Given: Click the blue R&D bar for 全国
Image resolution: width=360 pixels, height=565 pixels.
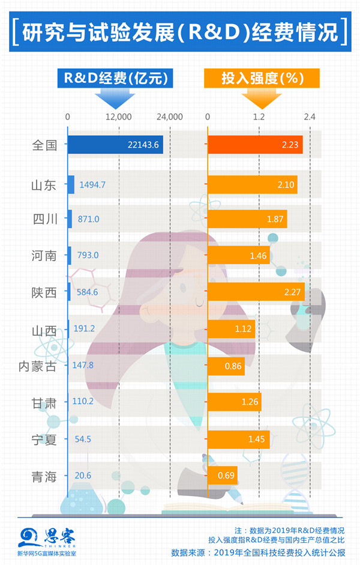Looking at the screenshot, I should [x=114, y=145].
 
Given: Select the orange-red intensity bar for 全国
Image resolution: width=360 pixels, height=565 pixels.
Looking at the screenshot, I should [x=254, y=145].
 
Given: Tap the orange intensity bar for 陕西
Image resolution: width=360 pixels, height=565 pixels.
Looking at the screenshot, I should [x=256, y=292].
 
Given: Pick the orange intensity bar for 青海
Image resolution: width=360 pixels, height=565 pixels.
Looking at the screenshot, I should [x=222, y=476].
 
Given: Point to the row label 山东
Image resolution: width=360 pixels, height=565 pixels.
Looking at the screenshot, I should [x=44, y=185].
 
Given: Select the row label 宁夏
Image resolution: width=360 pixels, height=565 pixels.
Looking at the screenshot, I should [x=44, y=440].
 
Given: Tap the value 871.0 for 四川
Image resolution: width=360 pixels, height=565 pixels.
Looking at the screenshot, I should [x=88, y=220].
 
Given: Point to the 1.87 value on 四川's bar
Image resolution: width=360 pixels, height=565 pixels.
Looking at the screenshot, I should [x=275, y=220].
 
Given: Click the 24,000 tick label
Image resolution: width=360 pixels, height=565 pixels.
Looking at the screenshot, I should [x=170, y=116].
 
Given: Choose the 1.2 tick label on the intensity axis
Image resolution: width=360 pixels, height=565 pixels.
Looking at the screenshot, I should [x=259, y=116].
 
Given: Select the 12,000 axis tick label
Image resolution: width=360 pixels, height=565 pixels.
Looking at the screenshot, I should [x=119, y=116].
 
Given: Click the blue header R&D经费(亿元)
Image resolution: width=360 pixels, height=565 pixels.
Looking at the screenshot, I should [x=115, y=78].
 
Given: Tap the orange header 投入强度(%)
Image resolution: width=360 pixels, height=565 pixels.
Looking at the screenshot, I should [x=262, y=78].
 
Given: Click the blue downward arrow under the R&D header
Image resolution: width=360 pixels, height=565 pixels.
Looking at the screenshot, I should [x=114, y=97].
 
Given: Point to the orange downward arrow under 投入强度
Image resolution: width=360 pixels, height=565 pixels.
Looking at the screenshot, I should [x=262, y=97].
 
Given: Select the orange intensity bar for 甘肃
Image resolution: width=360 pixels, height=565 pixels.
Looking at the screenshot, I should [x=234, y=402].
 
